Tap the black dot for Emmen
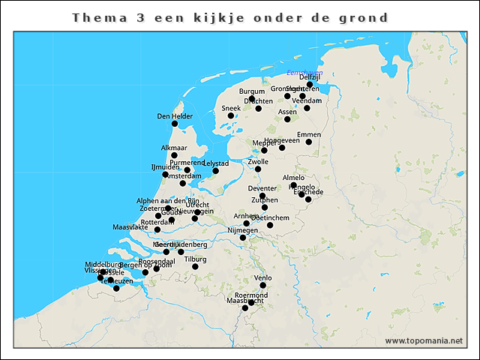coord(309,142)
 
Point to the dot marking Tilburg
coord(195,266)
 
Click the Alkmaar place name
coord(174,148)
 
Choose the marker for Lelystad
coord(215,171)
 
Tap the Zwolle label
coord(258,161)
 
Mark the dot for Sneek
coord(231,115)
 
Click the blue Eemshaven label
coord(305,72)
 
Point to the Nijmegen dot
coord(242,238)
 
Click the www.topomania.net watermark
coord(424,341)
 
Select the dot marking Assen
coord(287,118)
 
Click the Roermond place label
coord(251,295)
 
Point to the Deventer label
coord(262,188)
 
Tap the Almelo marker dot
coord(293,184)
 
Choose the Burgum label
coord(252,91)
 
